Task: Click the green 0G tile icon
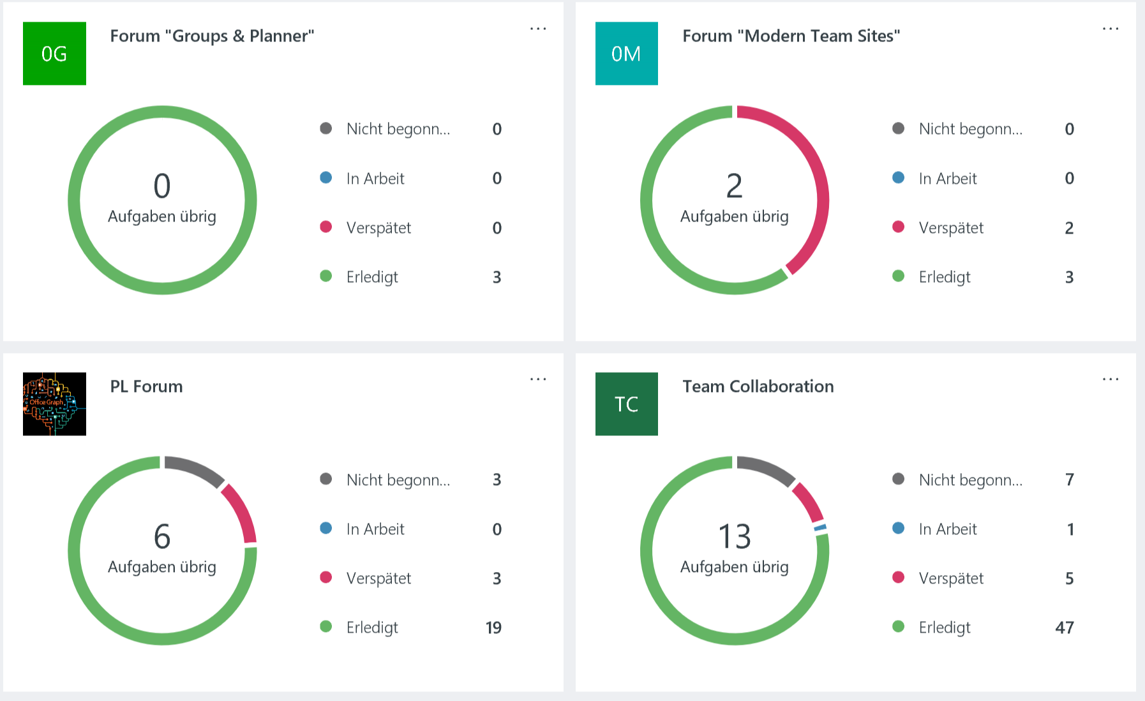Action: click(54, 54)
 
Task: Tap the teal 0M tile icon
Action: click(626, 54)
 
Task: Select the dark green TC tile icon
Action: click(626, 404)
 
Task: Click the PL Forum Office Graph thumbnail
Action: click(54, 404)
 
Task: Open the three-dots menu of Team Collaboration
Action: click(1110, 379)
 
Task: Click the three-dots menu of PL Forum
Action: click(538, 379)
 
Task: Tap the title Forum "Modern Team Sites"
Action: click(791, 36)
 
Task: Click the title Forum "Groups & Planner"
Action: click(212, 36)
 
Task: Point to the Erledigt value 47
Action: click(1064, 628)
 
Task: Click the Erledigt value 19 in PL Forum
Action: click(493, 628)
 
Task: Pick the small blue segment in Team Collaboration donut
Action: click(820, 528)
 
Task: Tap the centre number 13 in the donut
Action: click(734, 536)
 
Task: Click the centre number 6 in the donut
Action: click(162, 536)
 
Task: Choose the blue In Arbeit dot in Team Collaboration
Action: click(898, 529)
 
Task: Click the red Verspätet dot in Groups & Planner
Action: click(326, 227)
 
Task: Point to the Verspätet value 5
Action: click(1069, 578)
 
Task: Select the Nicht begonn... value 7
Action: click(1070, 479)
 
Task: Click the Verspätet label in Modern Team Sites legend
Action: click(951, 228)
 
